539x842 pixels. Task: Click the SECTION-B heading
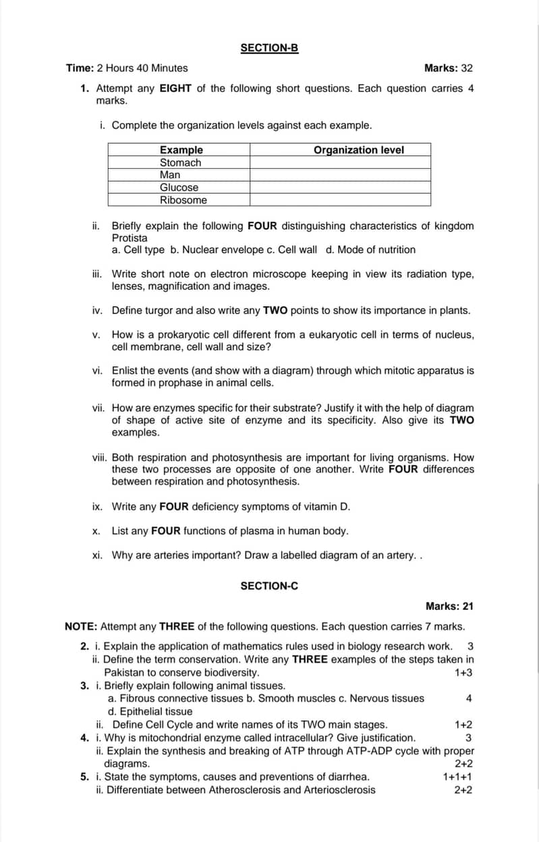pyautogui.click(x=269, y=48)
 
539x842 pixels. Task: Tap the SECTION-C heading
pyautogui.click(x=269, y=586)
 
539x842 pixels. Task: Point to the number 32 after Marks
pyautogui.click(x=467, y=68)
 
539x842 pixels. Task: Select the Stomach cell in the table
pyautogui.click(x=180, y=163)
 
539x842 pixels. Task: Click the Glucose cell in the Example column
pyautogui.click(x=179, y=188)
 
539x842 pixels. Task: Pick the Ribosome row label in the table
pyautogui.click(x=183, y=200)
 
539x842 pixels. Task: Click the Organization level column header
pyautogui.click(x=359, y=150)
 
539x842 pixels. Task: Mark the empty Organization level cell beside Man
pyautogui.click(x=340, y=175)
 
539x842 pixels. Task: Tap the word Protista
pyautogui.click(x=130, y=237)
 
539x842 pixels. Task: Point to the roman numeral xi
pyautogui.click(x=97, y=555)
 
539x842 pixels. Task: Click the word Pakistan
pyautogui.click(x=122, y=673)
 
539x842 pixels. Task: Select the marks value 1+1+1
pyautogui.click(x=457, y=777)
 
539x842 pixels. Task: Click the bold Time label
pyautogui.click(x=80, y=68)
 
